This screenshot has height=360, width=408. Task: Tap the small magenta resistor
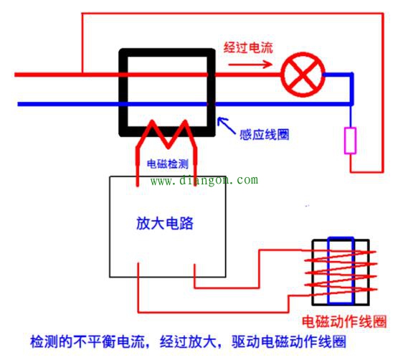[x=351, y=141]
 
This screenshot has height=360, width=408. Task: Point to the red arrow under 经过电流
[x=250, y=65]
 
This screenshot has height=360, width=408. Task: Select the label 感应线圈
[x=265, y=134]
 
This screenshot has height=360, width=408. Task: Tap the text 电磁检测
[x=168, y=163]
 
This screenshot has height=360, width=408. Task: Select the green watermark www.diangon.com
[x=204, y=181]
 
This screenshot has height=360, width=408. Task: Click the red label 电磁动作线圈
[x=345, y=320]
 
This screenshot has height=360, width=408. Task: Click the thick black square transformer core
[x=166, y=55]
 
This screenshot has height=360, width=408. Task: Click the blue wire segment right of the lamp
[x=338, y=74]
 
